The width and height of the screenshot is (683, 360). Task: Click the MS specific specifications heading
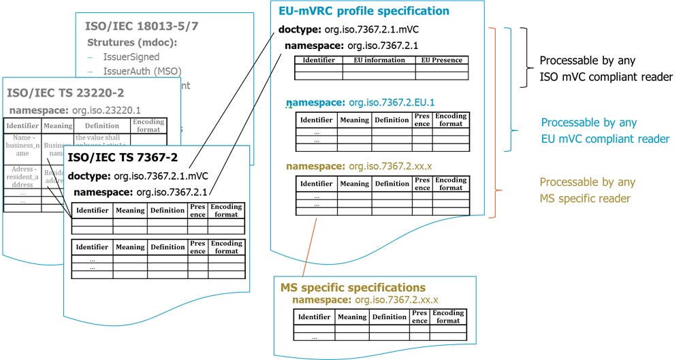click(x=353, y=287)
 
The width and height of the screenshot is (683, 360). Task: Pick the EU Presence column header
click(x=441, y=60)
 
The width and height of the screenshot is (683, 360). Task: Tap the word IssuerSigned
click(x=131, y=57)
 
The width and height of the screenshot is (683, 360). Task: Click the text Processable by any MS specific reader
click(x=588, y=190)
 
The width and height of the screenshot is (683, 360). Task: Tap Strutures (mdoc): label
click(x=132, y=43)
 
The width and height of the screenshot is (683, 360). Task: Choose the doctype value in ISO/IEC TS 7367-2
click(x=161, y=176)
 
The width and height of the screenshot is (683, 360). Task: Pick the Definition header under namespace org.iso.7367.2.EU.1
click(x=392, y=120)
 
